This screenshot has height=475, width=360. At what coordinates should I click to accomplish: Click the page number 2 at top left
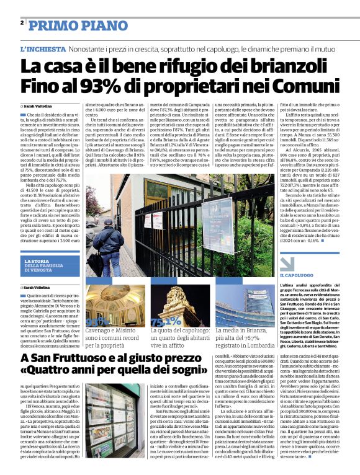(22, 22)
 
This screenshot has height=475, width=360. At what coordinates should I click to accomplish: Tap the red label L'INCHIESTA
(42, 48)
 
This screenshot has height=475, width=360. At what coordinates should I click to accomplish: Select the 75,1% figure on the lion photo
(166, 322)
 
